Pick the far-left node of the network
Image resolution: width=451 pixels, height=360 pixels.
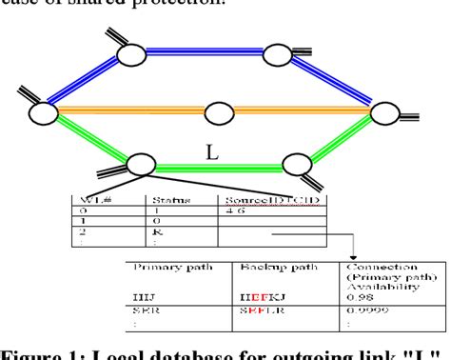[44, 112]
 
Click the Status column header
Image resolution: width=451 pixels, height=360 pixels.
[167, 200]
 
